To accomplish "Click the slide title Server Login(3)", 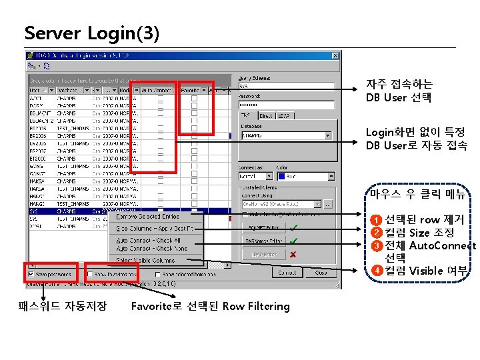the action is click(x=91, y=33).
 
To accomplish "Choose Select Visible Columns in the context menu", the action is click(x=145, y=260).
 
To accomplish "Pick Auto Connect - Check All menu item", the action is click(x=148, y=240).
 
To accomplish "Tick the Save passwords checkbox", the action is click(x=30, y=273).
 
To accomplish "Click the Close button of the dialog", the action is click(x=321, y=273).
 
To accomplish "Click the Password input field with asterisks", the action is click(x=285, y=105).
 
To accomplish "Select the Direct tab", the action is click(x=266, y=116).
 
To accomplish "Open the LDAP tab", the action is click(x=285, y=116).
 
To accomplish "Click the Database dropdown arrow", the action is click(x=327, y=135).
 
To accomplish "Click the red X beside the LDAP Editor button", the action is click(x=293, y=254).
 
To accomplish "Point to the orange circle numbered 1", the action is click(x=377, y=220).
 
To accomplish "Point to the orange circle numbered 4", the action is click(x=377, y=270).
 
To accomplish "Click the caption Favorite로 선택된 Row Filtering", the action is click(x=211, y=307).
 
